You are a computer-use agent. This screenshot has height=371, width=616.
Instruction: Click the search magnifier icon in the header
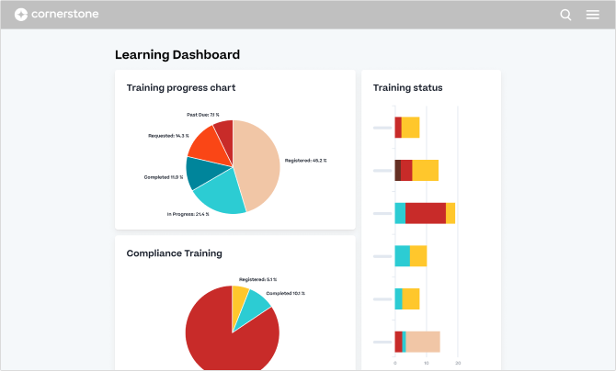pyautogui.click(x=565, y=15)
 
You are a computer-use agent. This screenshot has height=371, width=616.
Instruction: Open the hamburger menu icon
pyautogui.click(x=593, y=15)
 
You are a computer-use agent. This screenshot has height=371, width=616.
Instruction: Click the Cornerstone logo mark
pyautogui.click(x=20, y=15)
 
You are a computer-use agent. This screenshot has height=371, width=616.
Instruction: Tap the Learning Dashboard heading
pyautogui.click(x=177, y=55)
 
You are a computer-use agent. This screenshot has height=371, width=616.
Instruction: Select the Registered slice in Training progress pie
pyautogui.click(x=258, y=161)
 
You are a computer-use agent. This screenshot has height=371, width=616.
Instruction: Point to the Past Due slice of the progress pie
pyautogui.click(x=223, y=129)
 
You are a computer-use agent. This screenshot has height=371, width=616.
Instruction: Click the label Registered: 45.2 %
pyautogui.click(x=306, y=161)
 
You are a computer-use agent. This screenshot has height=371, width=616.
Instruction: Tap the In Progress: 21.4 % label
pyautogui.click(x=188, y=214)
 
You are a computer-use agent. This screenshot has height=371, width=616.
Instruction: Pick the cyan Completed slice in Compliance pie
pyautogui.click(x=257, y=307)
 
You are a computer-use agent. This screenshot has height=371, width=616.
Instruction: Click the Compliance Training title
pyautogui.click(x=175, y=253)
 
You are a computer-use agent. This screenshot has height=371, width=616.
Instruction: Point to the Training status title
pyautogui.click(x=408, y=88)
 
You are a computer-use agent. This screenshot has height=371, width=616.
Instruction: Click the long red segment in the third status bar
pyautogui.click(x=426, y=213)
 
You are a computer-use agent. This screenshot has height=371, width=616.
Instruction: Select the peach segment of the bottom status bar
pyautogui.click(x=423, y=342)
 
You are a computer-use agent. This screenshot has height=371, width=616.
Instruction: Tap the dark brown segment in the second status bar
pyautogui.click(x=397, y=170)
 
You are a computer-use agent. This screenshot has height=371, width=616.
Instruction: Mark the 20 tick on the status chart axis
pyautogui.click(x=458, y=364)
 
